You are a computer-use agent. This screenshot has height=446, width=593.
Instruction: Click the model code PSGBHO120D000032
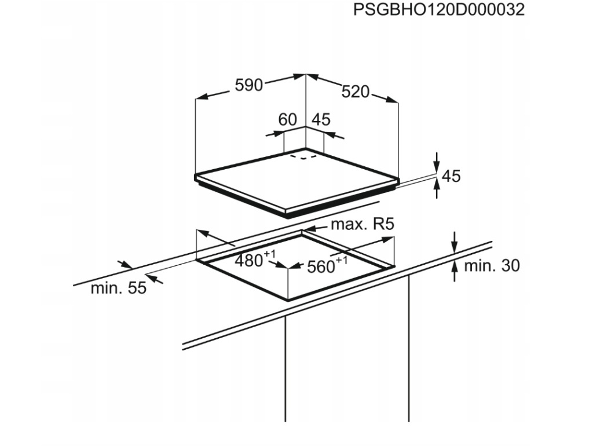click(x=439, y=10)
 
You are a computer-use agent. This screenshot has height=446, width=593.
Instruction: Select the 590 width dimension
click(x=248, y=85)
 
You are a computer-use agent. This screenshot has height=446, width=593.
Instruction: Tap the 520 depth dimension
click(x=355, y=92)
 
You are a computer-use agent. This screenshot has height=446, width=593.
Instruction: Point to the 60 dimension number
click(x=287, y=119)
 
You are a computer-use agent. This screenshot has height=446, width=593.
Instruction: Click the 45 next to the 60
click(x=321, y=119)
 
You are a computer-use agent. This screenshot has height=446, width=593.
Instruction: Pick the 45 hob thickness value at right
click(x=451, y=176)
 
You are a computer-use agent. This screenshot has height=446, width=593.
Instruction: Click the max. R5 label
click(x=363, y=224)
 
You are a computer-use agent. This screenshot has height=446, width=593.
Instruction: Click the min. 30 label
click(x=492, y=266)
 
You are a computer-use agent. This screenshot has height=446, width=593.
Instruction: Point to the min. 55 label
click(x=118, y=288)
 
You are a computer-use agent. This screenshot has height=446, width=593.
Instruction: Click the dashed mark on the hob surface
click(x=303, y=156)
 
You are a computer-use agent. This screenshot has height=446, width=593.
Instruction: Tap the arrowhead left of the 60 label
click(x=278, y=133)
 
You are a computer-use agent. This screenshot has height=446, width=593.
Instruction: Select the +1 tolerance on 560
click(x=342, y=260)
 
